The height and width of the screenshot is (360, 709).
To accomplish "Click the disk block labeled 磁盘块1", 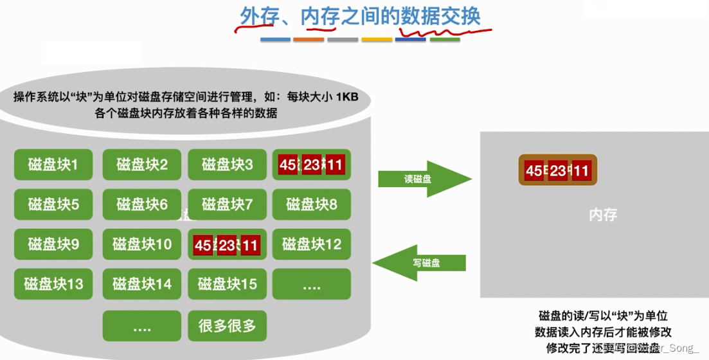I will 53,165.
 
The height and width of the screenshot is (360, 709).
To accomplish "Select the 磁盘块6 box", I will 141,204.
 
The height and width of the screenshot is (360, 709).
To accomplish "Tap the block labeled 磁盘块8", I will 312,204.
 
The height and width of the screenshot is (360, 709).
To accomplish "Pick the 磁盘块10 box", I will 141,244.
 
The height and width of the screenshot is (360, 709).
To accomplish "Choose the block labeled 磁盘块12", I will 312,244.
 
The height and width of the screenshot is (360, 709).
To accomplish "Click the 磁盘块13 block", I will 53,284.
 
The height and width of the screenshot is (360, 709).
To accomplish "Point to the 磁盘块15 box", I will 227,284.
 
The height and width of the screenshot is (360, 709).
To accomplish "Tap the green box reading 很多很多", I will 227,326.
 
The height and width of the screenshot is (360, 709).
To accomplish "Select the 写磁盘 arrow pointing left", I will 421,262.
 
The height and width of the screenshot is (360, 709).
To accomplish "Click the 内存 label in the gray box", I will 602,215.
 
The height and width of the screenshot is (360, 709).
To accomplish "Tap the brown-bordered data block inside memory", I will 557,170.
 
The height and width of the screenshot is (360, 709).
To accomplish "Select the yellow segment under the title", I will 377,40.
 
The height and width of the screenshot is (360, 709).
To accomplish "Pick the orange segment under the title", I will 309,40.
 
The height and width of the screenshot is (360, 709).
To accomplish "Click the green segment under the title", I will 445,40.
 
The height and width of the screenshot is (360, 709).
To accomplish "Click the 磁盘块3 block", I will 227,165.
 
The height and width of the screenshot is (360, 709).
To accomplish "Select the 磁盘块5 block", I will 53,204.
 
